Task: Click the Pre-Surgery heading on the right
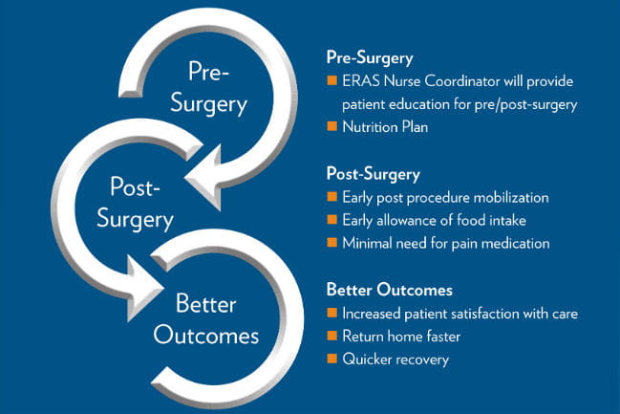click(368, 56)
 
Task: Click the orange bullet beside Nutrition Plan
click(331, 125)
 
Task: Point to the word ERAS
click(361, 79)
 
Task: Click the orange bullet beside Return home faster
click(331, 337)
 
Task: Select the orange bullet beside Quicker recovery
click(331, 360)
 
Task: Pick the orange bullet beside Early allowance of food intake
click(331, 221)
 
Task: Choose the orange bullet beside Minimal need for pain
click(331, 244)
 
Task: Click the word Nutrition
click(371, 125)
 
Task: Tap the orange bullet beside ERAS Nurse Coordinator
click(331, 79)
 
